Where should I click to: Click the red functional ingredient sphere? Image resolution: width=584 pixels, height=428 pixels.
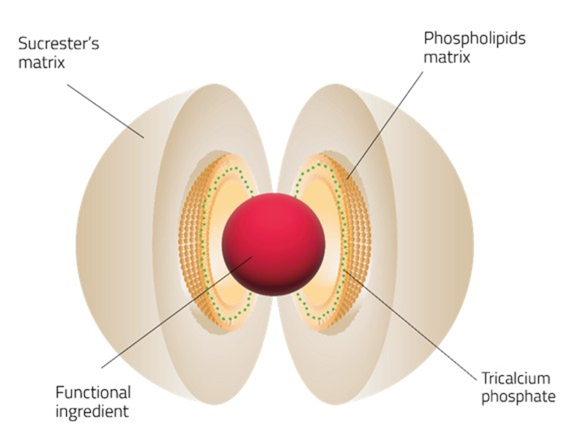[x=274, y=244]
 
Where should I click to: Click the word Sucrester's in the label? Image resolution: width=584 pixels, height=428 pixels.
[x=59, y=45]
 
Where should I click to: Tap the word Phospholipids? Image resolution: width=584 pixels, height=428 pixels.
[x=475, y=38]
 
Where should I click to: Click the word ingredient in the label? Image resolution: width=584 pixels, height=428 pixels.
[x=92, y=410]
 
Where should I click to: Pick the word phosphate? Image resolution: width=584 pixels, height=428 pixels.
[x=518, y=397]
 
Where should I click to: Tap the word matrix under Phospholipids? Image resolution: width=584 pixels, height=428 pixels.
[x=447, y=57]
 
